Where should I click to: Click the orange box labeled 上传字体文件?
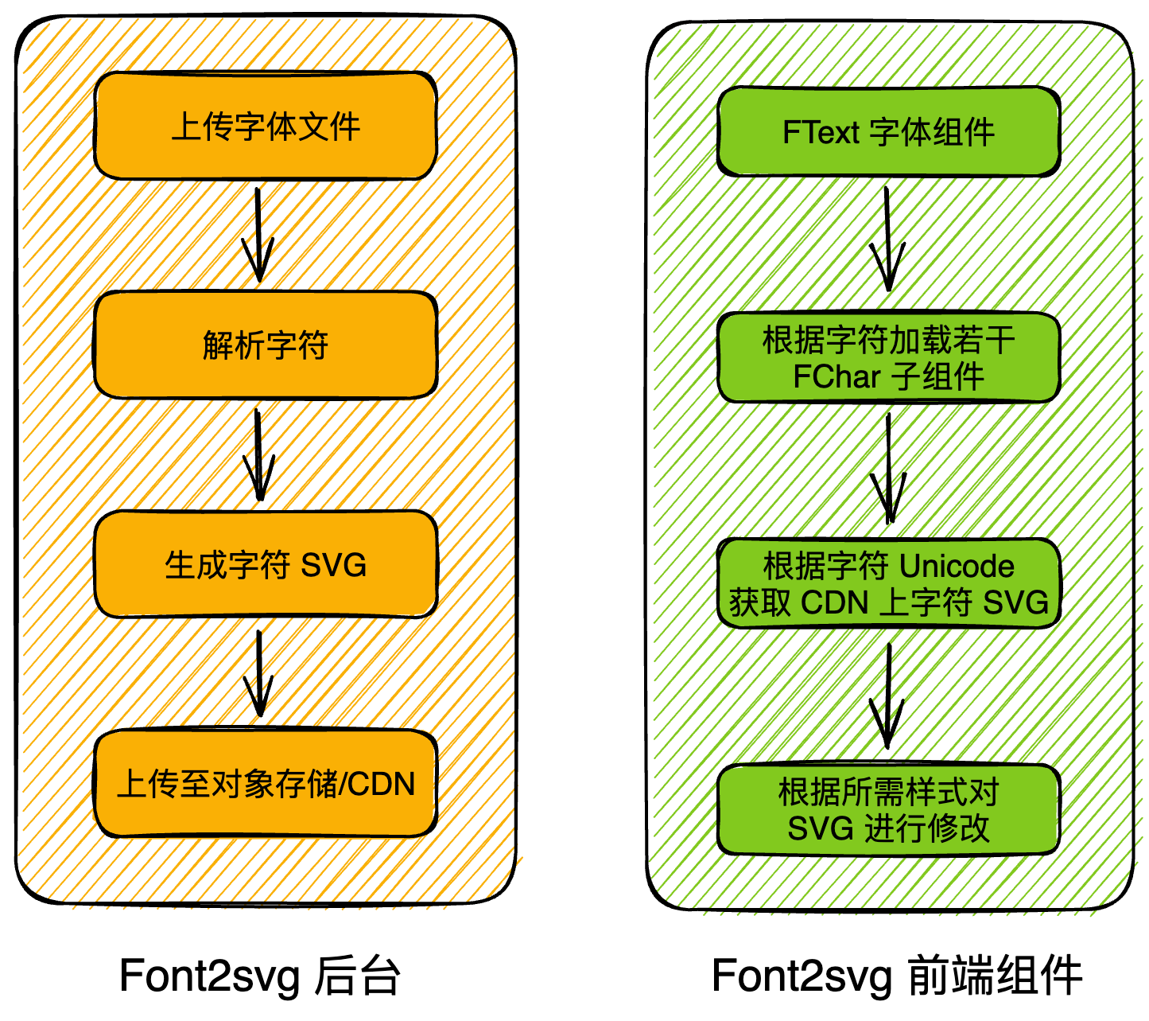pos(265,126)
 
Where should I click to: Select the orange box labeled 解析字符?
pos(265,345)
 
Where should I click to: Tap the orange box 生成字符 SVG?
pos(265,564)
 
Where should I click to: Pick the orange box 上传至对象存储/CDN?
pos(265,784)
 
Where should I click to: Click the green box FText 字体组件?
pos(888,131)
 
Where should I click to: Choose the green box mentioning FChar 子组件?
pos(888,358)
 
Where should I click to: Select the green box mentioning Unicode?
pos(888,584)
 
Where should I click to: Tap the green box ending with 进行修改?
pos(888,810)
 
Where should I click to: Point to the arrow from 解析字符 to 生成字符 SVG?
pos(258,454)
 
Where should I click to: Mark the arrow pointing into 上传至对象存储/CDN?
pos(258,672)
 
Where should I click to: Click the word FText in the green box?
pos(821,132)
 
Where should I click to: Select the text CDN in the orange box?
pos(382,785)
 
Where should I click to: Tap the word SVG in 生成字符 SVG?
pos(333,566)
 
